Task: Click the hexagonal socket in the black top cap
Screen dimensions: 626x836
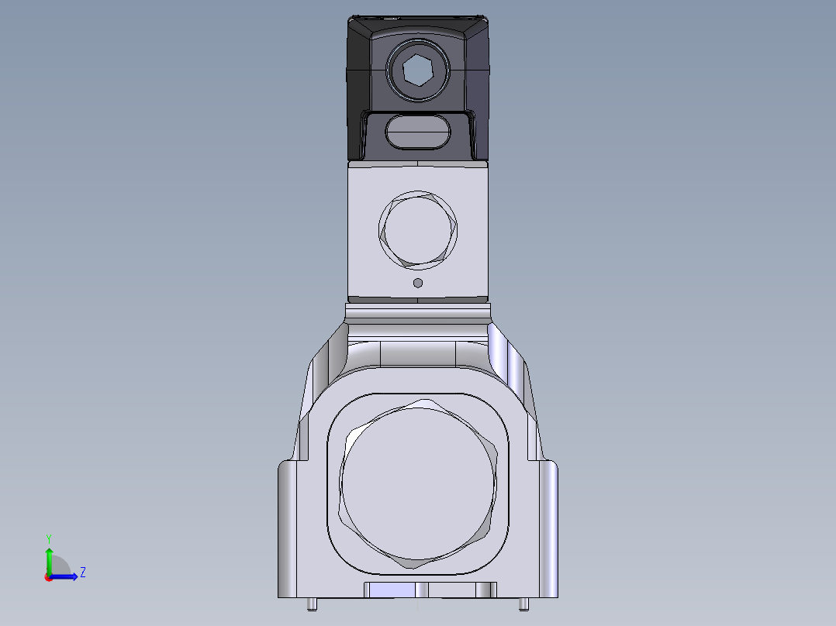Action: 417,71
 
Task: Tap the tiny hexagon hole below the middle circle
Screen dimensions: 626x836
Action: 418,283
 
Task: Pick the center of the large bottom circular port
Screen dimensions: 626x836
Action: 417,486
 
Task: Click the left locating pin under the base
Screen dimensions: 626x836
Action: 311,604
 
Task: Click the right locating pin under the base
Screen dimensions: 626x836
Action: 523,604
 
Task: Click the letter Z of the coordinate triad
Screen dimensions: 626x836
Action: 82,573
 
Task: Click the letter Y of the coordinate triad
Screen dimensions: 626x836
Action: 48,538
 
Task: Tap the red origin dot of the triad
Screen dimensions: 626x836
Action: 48,577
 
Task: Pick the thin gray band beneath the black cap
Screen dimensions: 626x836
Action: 417,164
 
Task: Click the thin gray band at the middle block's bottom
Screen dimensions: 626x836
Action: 417,298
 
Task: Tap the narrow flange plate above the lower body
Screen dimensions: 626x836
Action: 417,314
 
